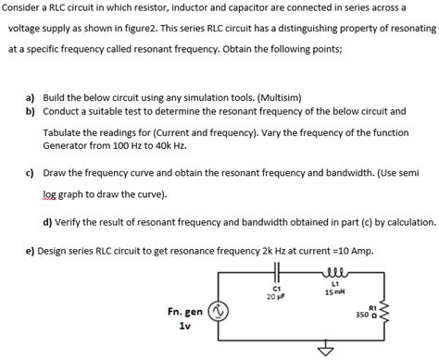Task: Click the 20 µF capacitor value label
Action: coord(275,295)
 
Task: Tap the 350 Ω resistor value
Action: coord(363,315)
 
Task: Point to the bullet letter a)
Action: coord(31,96)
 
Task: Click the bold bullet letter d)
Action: coord(49,223)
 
